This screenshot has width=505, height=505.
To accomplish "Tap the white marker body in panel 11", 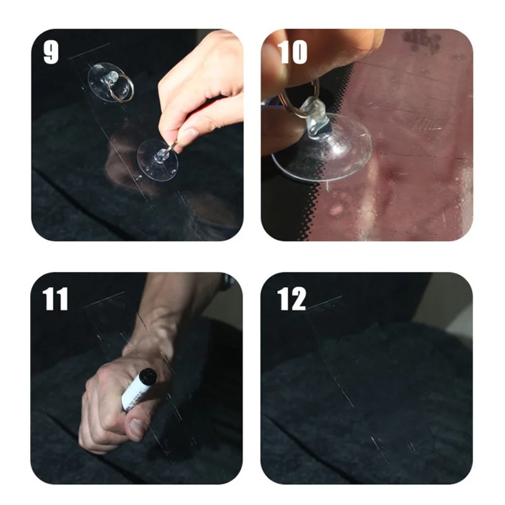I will point(133,394).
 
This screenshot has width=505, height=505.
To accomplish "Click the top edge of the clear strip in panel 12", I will point(324,302).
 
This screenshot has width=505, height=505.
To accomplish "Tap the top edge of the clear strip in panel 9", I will point(88,51).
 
